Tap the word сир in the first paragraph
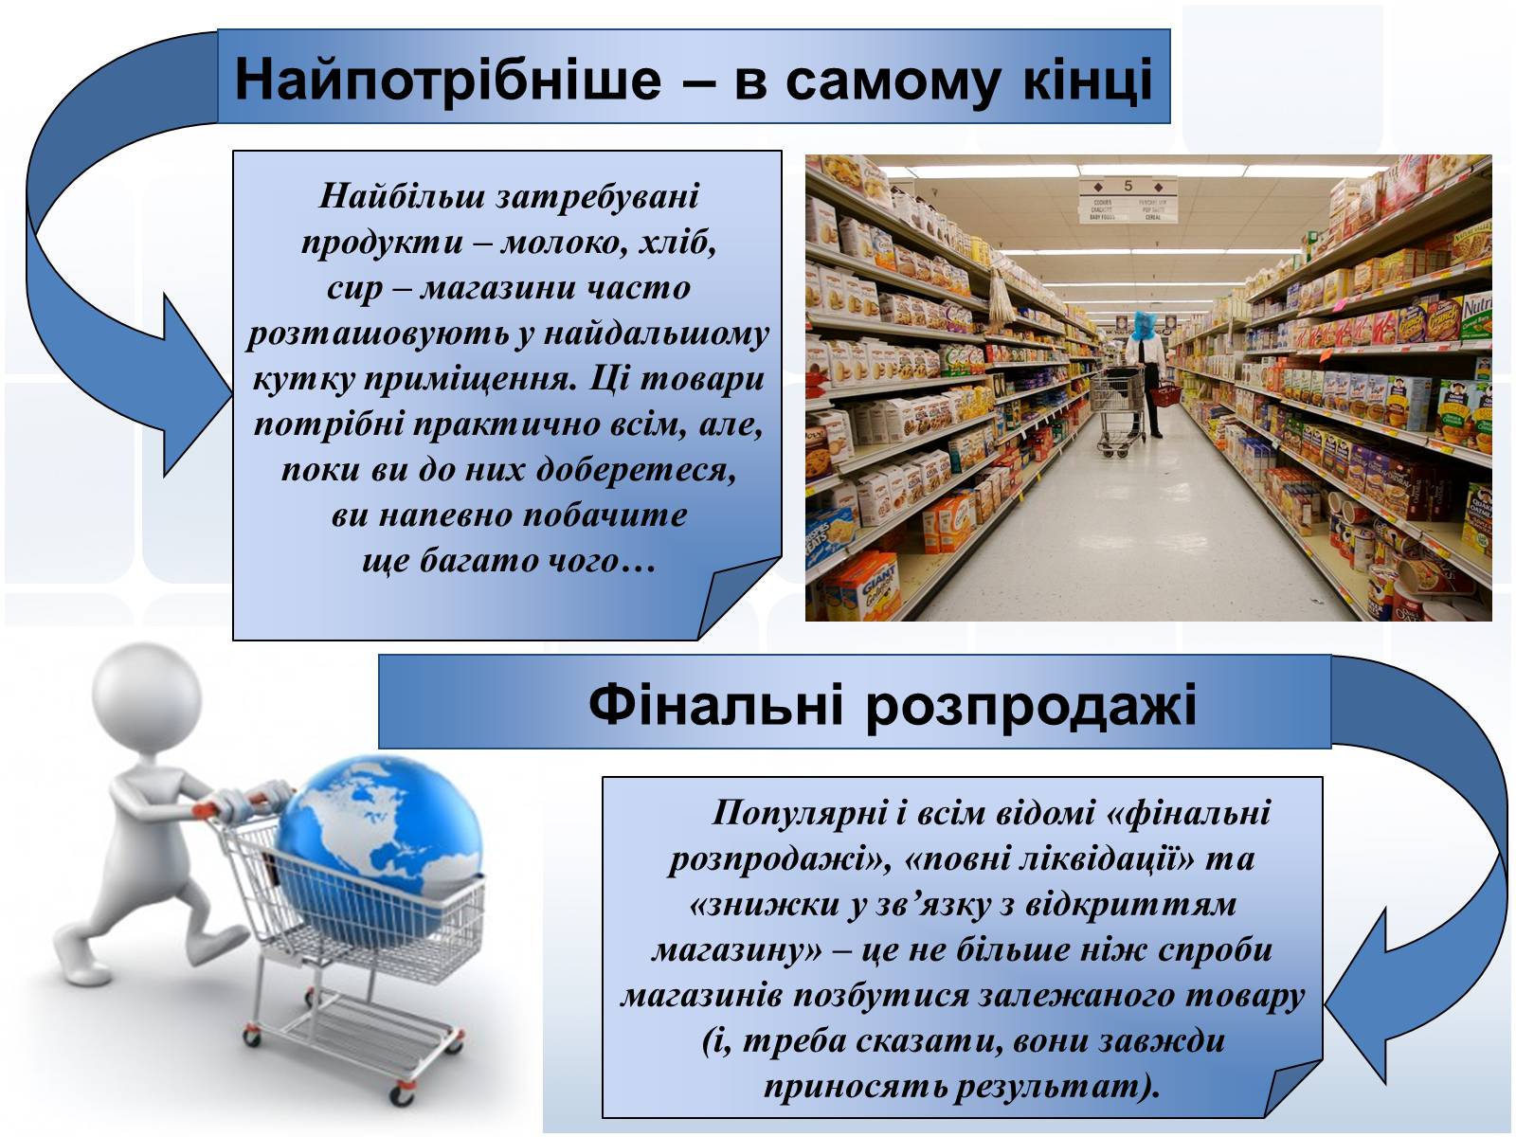(354, 289)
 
